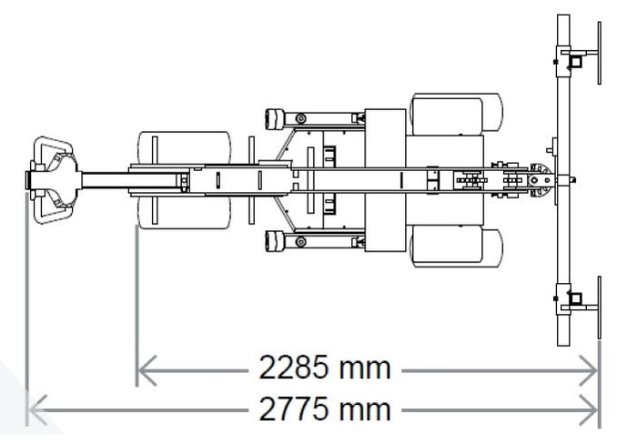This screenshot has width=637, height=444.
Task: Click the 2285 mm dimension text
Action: click(325, 368)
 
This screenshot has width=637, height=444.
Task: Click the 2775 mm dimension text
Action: click(325, 409)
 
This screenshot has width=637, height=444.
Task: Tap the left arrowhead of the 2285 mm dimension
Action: click(147, 370)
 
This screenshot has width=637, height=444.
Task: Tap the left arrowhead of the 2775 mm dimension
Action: click(38, 409)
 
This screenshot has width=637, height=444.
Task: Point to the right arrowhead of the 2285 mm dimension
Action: click(589, 370)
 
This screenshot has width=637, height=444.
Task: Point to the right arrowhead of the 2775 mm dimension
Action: click(589, 409)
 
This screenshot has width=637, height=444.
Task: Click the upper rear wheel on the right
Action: click(456, 114)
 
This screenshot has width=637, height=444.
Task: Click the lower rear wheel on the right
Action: click(456, 247)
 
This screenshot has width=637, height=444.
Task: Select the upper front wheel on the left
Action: click(185, 148)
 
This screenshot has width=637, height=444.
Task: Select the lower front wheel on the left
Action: click(185, 212)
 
